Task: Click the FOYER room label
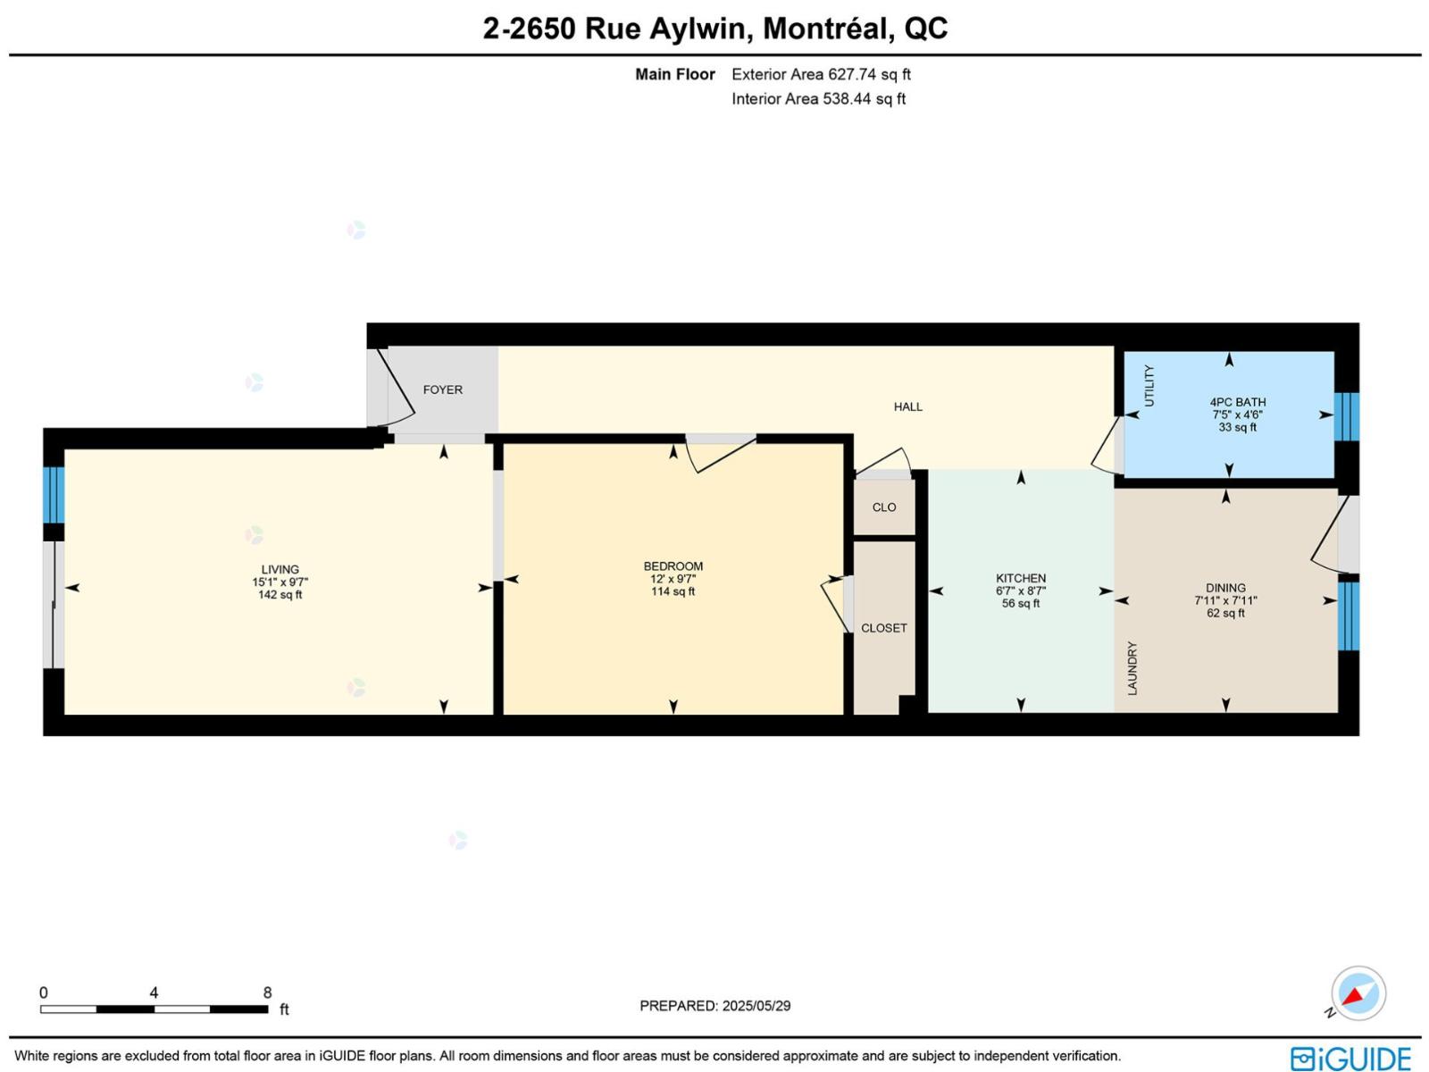pos(443,389)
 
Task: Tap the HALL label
pos(907,406)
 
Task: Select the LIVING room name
pos(280,570)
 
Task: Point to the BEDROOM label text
pos(673,566)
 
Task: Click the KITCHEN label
pos(1021,578)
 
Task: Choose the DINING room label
pos(1225,588)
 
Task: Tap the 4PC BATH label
pos(1238,402)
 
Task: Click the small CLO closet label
pos(884,507)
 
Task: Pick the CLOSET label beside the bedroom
pos(884,628)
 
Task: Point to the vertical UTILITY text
pos(1149,386)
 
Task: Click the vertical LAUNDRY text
pos(1132,668)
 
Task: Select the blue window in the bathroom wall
pos(1346,416)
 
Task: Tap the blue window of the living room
pos(54,495)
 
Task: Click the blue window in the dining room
pos(1349,616)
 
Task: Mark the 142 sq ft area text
pos(280,595)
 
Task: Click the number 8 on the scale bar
pos(268,992)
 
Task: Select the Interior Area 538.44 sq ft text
pos(818,99)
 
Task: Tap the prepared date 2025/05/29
pos(756,1006)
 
